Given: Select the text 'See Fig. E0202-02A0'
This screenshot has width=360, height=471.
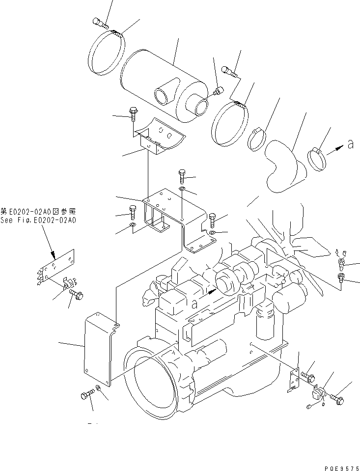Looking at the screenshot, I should click(38, 221).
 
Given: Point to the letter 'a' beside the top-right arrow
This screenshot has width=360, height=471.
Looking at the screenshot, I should click(350, 144).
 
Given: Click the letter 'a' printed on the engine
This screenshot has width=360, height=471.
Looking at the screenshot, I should click(195, 304).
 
